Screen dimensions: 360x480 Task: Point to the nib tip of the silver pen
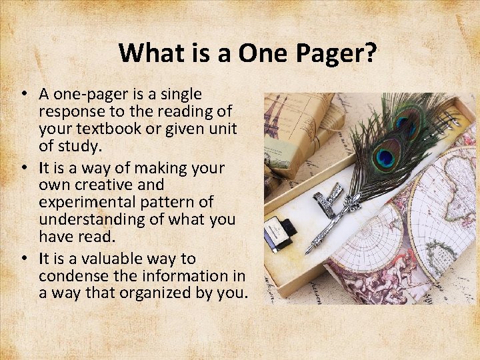(x=307, y=252)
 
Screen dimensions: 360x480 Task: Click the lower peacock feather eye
(x=385, y=157)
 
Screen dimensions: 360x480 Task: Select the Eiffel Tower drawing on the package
(x=274, y=117)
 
